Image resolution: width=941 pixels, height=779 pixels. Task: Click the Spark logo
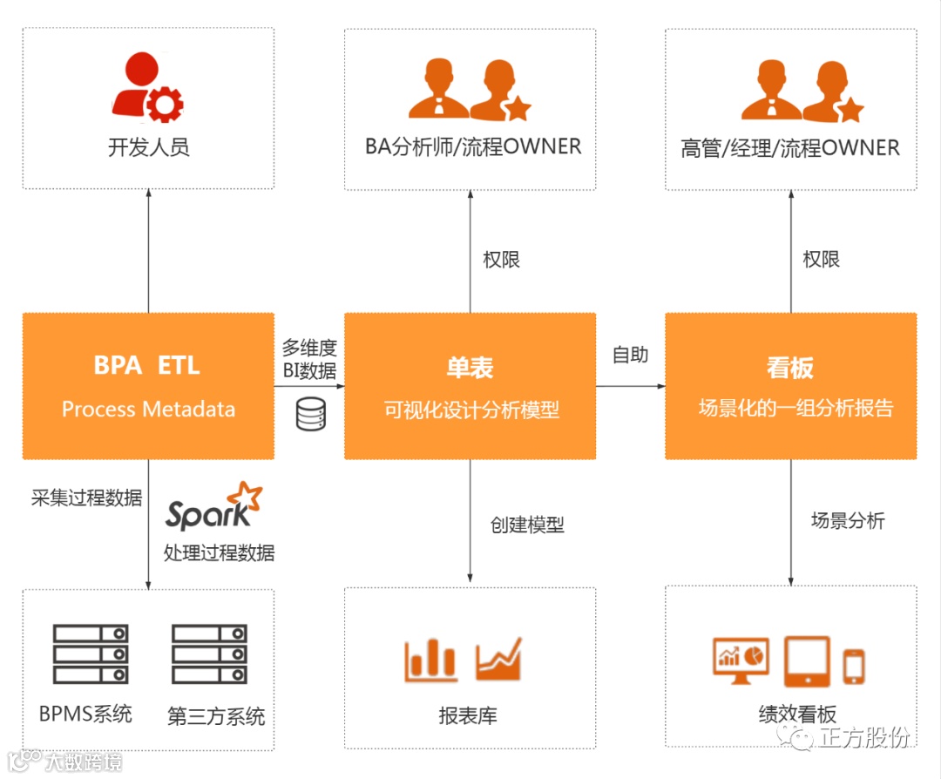213,508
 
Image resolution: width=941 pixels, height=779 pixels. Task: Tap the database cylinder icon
310,414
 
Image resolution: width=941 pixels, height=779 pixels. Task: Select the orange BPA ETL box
148,386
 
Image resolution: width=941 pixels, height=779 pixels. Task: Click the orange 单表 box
470,386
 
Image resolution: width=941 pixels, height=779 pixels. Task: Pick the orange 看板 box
790,386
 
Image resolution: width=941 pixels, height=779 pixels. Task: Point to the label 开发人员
148,146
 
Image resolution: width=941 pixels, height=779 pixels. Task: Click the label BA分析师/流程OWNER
472,146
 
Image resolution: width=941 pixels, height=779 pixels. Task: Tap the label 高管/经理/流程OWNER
790,147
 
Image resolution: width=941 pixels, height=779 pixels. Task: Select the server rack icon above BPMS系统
91,654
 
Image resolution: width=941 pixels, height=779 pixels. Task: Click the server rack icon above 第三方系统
209,654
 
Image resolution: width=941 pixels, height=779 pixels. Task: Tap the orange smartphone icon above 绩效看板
854,667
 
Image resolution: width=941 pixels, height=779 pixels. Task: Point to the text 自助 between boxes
630,355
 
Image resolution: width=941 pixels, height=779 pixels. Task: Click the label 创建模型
527,525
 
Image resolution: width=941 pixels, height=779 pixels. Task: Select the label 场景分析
848,521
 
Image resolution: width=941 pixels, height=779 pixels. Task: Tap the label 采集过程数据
86,498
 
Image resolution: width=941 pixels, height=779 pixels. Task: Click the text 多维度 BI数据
309,359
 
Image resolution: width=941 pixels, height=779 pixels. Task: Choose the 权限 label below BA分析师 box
502,260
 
